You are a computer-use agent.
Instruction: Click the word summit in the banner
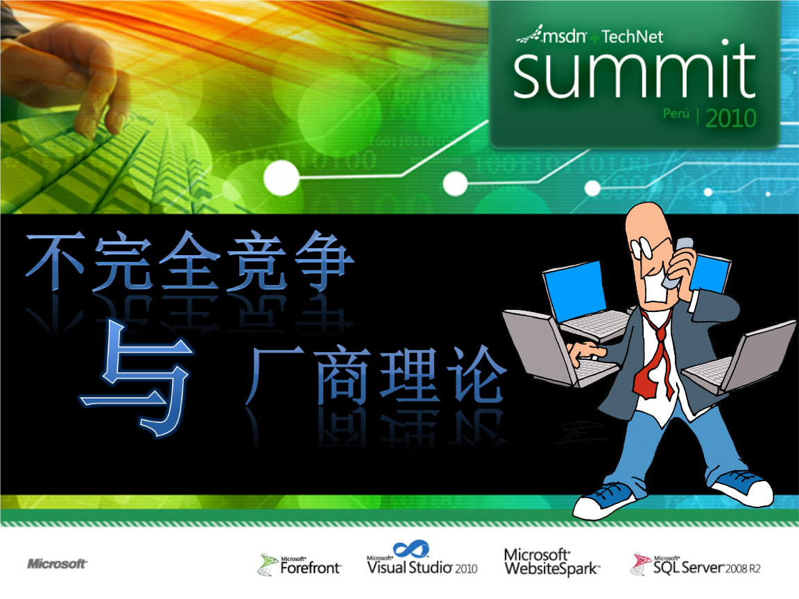tap(634, 71)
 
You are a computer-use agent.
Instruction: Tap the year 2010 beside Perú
tap(731, 118)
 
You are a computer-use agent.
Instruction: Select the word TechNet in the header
tap(632, 37)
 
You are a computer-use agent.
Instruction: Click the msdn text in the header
tap(564, 36)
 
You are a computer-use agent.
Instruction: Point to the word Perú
tap(676, 113)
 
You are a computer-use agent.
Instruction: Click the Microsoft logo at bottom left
tap(57, 564)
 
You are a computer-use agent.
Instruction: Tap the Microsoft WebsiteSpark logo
tap(552, 562)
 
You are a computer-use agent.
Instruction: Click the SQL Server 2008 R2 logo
tap(696, 564)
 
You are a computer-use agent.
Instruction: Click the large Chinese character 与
tap(137, 378)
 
